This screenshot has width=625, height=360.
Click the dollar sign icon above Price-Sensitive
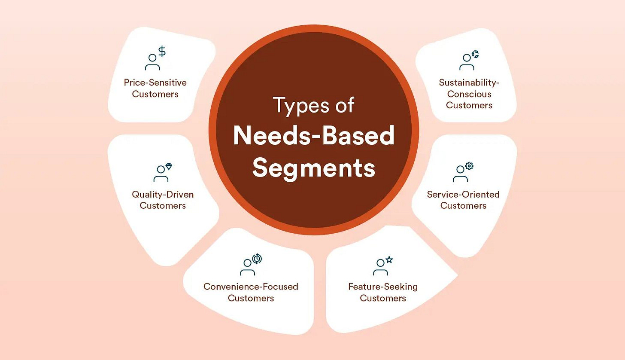(x=162, y=52)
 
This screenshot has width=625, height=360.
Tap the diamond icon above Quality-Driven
(x=169, y=166)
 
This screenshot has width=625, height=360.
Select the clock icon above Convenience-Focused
(x=257, y=259)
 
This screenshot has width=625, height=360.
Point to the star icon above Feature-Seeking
(x=389, y=259)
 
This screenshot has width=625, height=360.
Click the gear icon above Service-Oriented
(x=469, y=166)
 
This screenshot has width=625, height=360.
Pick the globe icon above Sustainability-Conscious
(x=475, y=54)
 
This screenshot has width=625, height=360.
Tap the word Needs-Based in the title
(x=314, y=136)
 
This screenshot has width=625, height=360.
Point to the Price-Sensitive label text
(x=155, y=82)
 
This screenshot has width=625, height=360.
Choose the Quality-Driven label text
(x=163, y=195)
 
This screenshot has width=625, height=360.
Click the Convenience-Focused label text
(x=251, y=287)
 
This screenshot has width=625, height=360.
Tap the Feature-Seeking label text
(x=383, y=287)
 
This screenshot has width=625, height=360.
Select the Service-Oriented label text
(x=463, y=195)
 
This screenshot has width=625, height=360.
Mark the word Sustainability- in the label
(x=469, y=82)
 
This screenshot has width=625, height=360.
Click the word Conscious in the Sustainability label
(x=469, y=94)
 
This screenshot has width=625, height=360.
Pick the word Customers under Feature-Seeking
(x=383, y=298)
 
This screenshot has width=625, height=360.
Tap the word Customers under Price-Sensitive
(x=155, y=94)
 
